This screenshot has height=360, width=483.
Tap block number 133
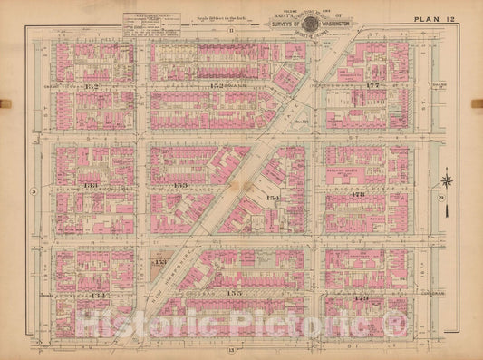coord(92,185)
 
